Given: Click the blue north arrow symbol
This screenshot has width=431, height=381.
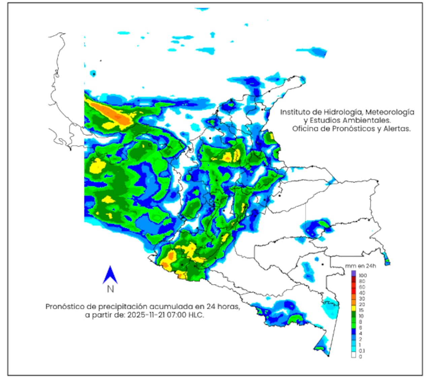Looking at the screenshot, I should click(110, 275).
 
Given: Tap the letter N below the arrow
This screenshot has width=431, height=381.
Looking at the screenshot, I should click(110, 289).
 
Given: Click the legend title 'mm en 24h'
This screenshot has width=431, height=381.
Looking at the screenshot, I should click(361, 266).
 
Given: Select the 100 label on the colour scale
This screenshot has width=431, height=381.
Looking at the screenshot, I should click(363, 275).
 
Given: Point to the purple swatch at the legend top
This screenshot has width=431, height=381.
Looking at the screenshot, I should click(353, 273).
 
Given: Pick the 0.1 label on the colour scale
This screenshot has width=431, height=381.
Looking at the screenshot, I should click(362, 350).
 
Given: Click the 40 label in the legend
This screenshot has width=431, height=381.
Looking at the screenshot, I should click(362, 293).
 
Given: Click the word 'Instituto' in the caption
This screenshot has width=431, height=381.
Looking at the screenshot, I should click(294, 112).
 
